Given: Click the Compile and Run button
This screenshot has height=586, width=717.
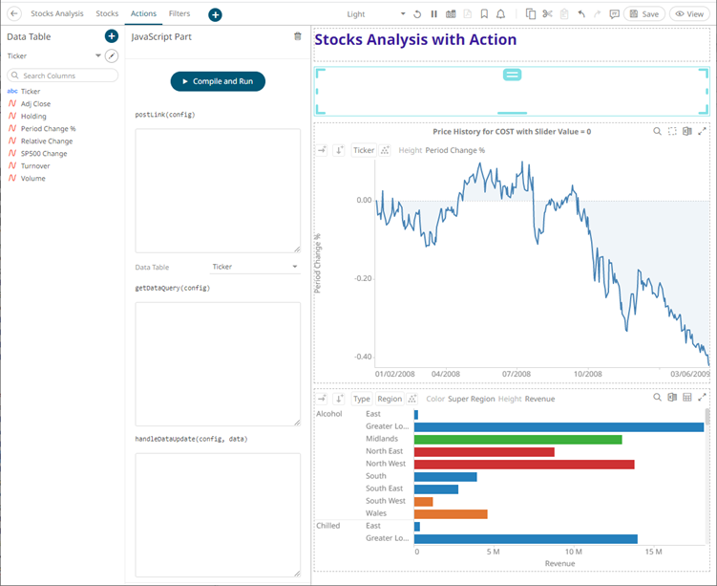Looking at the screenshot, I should [218, 81].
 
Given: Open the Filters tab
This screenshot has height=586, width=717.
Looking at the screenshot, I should [179, 14].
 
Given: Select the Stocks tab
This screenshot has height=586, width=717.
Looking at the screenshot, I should [107, 14].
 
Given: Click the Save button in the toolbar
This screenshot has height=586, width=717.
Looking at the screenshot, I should [645, 14].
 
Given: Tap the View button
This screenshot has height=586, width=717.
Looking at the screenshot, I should [690, 14].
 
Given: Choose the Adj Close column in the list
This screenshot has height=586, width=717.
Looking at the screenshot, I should [36, 103].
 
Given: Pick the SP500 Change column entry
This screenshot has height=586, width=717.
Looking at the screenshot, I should [44, 153].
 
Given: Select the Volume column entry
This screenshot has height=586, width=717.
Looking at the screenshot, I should [33, 178].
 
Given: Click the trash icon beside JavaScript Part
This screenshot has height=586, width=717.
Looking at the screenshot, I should [297, 36].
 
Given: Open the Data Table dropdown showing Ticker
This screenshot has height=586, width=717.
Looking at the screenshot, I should [254, 267].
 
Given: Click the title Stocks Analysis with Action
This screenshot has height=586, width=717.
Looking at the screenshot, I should [415, 40].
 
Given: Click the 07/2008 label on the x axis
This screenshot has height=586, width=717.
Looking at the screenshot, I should [516, 374].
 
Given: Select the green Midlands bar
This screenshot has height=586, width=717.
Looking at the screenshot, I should [517, 439].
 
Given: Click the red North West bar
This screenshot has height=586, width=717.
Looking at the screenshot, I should [523, 464].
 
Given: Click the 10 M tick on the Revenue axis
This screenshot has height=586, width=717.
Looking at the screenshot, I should [573, 552].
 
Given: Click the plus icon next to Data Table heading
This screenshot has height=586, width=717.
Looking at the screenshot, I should [111, 36].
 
